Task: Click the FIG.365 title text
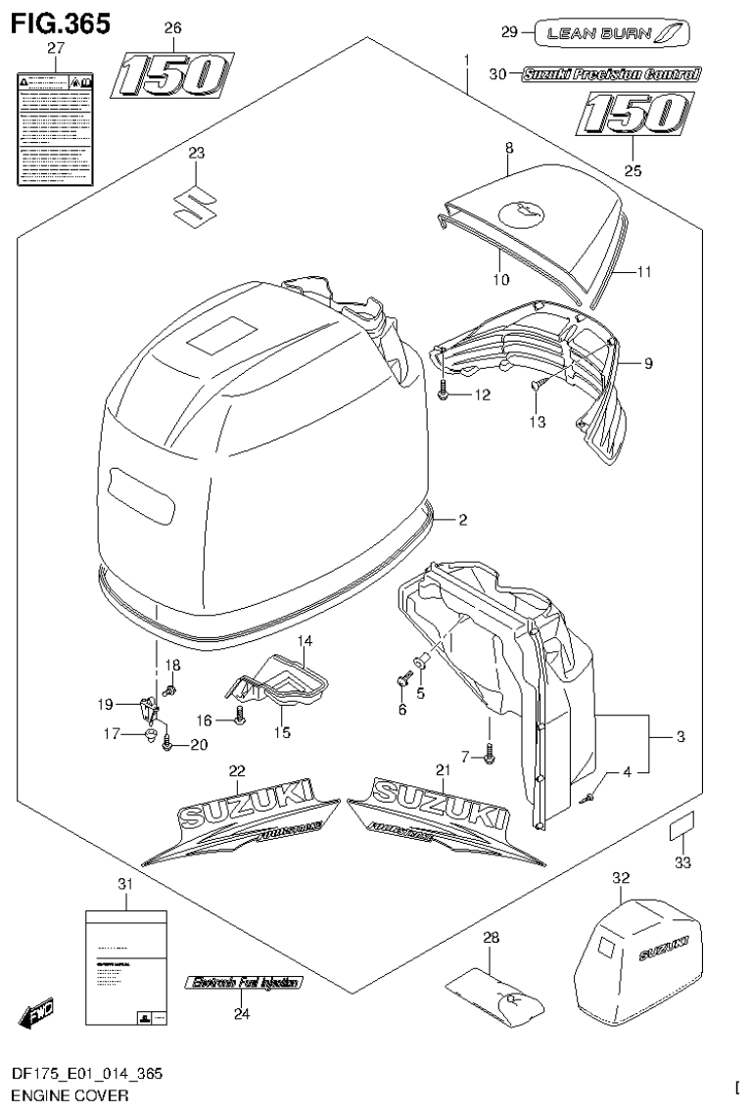58,21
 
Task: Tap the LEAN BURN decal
611,33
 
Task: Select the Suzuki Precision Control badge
611,73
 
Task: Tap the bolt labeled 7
490,753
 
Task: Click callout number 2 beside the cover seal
464,520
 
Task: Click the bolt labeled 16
239,720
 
